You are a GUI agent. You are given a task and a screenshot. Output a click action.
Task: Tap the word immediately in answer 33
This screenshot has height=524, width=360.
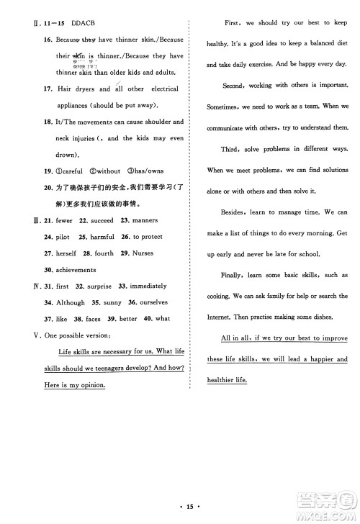[148, 286]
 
